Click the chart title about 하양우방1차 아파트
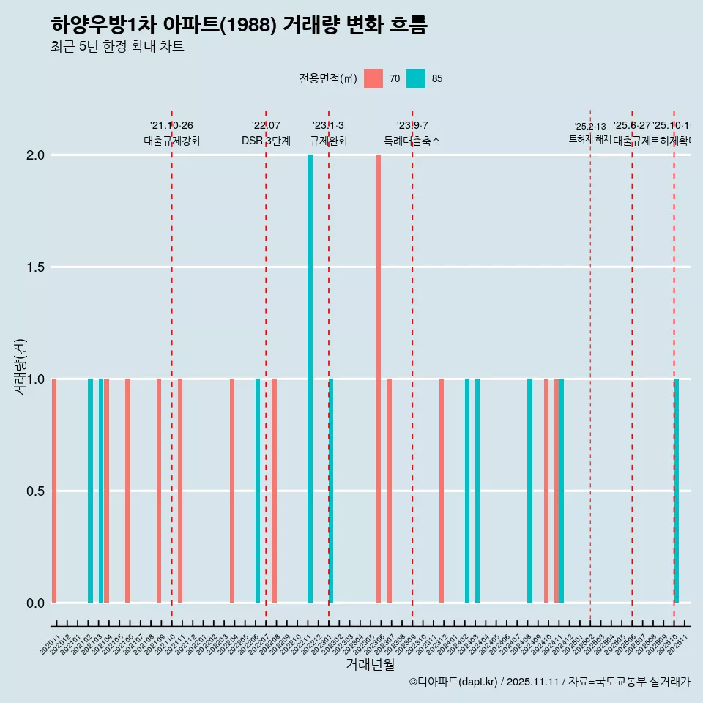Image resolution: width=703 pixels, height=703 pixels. (239, 25)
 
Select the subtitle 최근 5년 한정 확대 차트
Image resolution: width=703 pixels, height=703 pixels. (117, 47)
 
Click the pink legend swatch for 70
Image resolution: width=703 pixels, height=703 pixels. (373, 78)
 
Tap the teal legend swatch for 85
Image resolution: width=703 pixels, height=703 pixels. (416, 78)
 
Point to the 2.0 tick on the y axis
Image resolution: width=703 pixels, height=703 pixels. (36, 155)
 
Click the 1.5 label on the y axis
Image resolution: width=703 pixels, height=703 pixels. (36, 267)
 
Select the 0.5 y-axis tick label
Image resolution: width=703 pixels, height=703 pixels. (36, 491)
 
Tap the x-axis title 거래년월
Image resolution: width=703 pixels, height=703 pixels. (370, 665)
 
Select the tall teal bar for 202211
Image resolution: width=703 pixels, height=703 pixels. (310, 379)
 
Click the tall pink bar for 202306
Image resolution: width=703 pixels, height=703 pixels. (379, 379)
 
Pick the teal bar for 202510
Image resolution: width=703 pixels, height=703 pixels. (677, 491)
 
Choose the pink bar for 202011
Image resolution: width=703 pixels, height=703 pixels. (54, 491)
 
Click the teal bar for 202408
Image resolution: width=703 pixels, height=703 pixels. (529, 491)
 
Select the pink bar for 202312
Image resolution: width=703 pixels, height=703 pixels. (442, 491)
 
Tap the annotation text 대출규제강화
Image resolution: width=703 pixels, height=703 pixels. (171, 141)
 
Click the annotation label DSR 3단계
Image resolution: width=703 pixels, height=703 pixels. (266, 141)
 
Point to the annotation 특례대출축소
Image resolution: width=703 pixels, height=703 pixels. (412, 141)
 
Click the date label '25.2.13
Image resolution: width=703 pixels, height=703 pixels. (589, 127)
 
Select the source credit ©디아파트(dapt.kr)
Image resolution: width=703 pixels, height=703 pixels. (453, 682)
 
